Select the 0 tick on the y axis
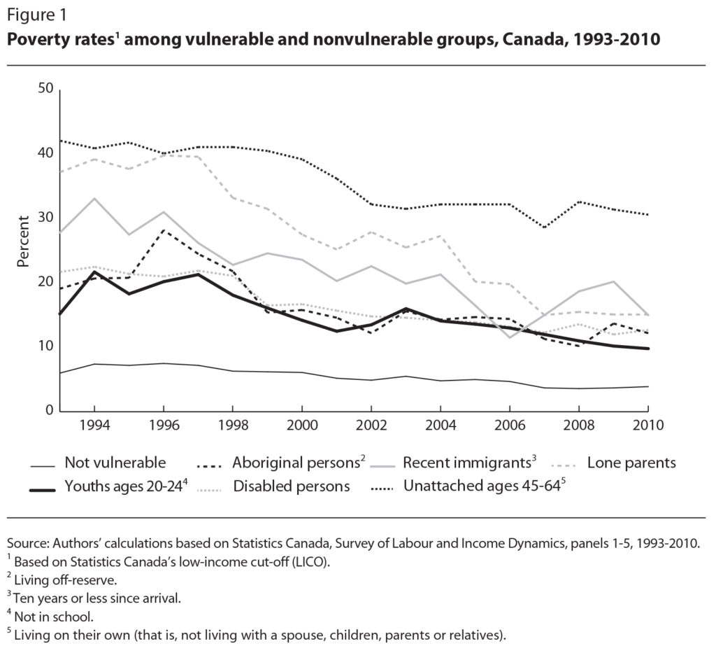[x=49, y=411]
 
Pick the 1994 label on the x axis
[x=94, y=426]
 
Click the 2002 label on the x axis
[x=371, y=426]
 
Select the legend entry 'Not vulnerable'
[x=115, y=463]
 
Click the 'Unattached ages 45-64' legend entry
[x=482, y=486]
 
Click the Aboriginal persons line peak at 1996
[x=163, y=230]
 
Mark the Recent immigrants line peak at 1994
[x=94, y=198]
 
